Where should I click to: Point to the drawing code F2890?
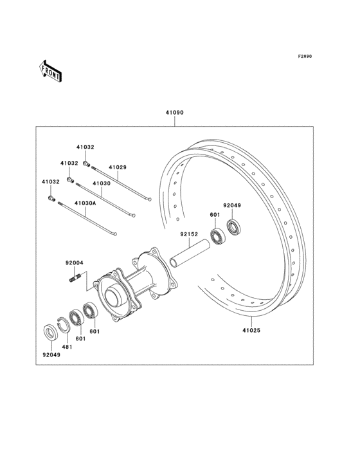click(304, 57)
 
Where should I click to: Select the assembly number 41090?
click(174, 112)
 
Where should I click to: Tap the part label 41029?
click(117, 167)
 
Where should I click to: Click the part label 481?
click(67, 347)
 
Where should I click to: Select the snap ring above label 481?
click(63, 324)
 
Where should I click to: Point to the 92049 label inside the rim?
click(231, 205)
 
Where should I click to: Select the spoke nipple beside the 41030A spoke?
click(52, 200)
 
